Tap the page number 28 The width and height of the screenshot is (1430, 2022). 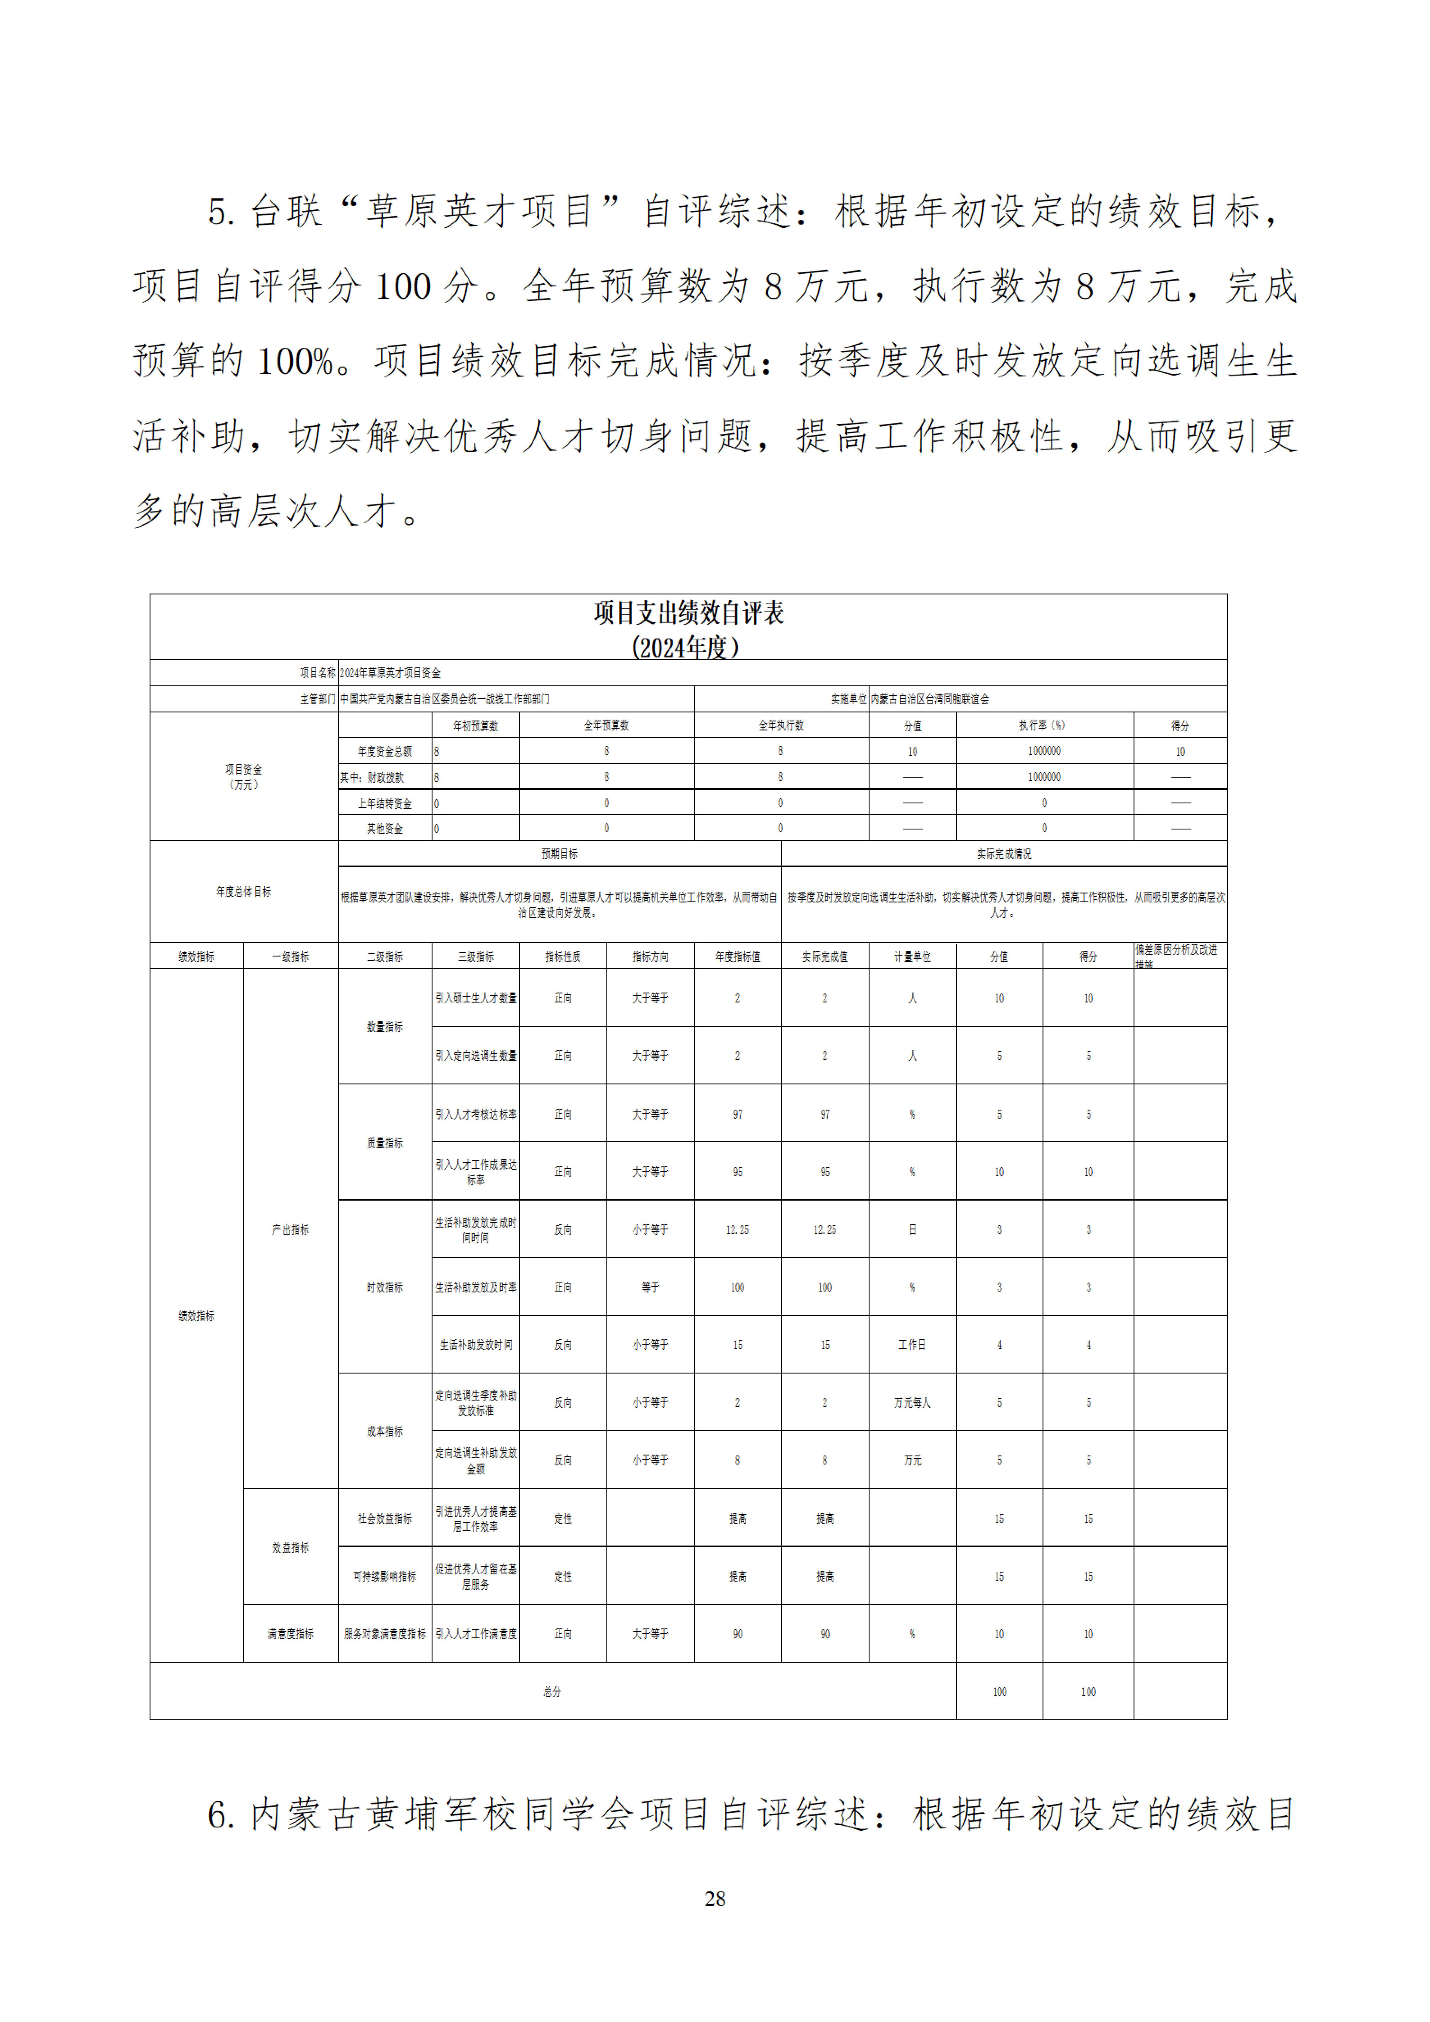pyautogui.click(x=715, y=1898)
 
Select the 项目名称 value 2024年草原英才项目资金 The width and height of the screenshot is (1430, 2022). pyautogui.click(x=390, y=673)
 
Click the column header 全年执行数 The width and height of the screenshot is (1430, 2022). pyautogui.click(x=781, y=726)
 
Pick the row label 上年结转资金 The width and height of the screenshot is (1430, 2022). pyautogui.click(x=384, y=803)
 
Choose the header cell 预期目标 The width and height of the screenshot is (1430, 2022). pyautogui.click(x=560, y=854)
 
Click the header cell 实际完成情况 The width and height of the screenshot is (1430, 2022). pyautogui.click(x=1003, y=854)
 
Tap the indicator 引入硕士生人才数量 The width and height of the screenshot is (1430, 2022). pyautogui.click(x=476, y=998)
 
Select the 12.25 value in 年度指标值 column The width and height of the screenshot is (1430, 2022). pyautogui.click(x=737, y=1229)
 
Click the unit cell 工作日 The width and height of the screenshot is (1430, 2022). pyautogui.click(x=912, y=1345)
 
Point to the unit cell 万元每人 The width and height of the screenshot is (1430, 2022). pyautogui.click(x=912, y=1402)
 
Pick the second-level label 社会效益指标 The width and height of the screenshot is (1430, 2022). pyautogui.click(x=384, y=1518)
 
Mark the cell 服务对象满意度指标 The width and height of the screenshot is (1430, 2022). pyautogui.click(x=384, y=1634)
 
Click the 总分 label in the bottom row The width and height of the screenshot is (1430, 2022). pyautogui.click(x=552, y=1692)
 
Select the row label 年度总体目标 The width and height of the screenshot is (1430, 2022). pyautogui.click(x=244, y=892)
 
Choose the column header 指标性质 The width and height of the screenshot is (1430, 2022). pyautogui.click(x=563, y=957)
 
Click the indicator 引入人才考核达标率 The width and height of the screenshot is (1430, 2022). pyautogui.click(x=476, y=1114)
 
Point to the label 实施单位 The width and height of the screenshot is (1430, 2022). pyautogui.click(x=849, y=699)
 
